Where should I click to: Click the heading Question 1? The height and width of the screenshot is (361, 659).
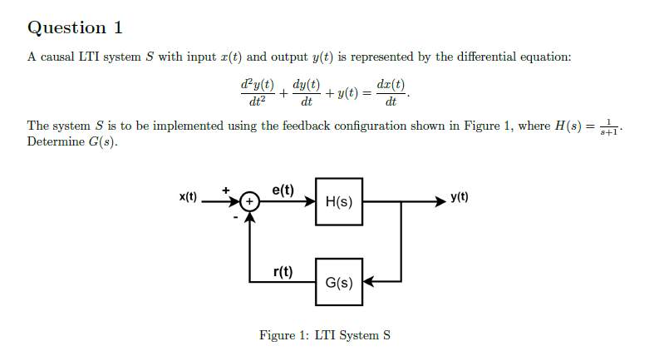point(76,27)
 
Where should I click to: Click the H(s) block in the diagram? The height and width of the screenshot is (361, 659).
point(339,201)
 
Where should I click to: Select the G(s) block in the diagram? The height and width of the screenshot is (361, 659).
point(339,282)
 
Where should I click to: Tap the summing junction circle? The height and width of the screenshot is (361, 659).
point(249,201)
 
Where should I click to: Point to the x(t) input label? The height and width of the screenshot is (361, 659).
point(189,197)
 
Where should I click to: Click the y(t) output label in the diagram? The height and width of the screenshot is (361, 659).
point(460,197)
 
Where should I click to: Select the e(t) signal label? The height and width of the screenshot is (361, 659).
point(283,189)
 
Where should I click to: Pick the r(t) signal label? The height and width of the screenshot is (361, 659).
point(283,270)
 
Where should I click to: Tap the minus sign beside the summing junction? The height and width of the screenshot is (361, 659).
point(235,217)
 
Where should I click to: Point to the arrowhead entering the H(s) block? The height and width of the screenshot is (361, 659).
point(310,201)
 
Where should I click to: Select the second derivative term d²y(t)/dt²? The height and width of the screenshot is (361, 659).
point(254,94)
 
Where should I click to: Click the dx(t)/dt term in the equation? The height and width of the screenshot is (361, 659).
point(391,94)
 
